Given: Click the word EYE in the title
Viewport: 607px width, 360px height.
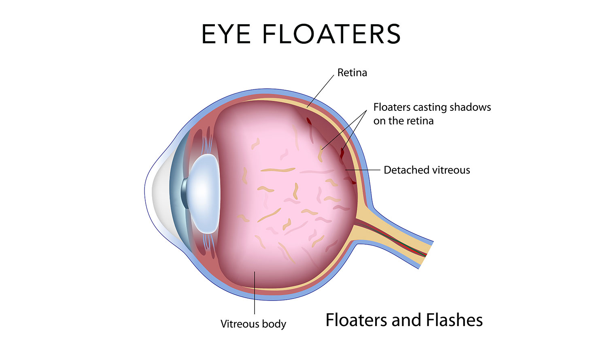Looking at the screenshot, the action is pos(226,34).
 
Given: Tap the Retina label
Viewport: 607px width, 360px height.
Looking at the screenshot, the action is pos(352,72).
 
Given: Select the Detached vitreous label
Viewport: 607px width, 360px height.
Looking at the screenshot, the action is pos(427,170).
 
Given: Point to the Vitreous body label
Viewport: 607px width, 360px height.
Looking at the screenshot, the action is pos(253,324).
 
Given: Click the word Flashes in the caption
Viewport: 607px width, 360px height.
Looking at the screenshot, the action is pos(454,320).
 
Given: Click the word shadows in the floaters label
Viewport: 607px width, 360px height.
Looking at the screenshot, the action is pos(470,107).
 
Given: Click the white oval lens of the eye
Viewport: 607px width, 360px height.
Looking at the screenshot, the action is pos(204,194).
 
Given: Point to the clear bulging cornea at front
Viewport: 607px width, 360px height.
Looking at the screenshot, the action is pos(157,191).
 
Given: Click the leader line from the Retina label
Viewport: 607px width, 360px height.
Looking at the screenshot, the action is pos(320,91).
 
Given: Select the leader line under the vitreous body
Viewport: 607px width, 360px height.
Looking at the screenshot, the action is pos(255,293).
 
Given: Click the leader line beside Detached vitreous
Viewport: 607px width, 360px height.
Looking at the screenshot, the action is pos(363,170).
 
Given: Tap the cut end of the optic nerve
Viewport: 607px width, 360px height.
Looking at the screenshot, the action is pos(426,254).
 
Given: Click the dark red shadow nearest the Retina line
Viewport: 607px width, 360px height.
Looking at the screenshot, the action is pos(309,121).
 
